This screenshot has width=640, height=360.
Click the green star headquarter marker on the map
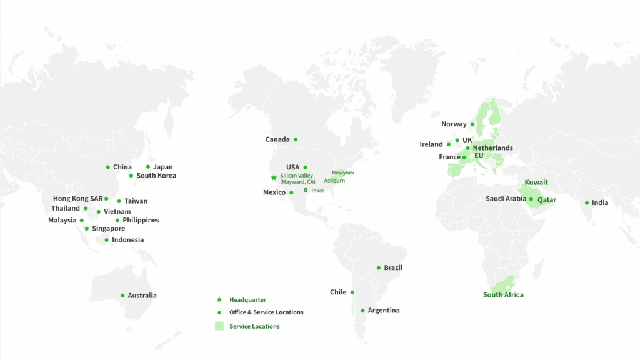click(x=274, y=177)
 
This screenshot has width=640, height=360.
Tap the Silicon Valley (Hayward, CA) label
click(x=297, y=179)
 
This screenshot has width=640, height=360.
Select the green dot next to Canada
click(x=296, y=139)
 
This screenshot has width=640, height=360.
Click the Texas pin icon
click(x=306, y=191)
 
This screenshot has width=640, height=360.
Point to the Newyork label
click(x=342, y=172)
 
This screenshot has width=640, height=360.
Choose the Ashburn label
click(x=334, y=181)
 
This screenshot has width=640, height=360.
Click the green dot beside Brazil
click(x=379, y=268)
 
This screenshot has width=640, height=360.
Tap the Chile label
click(x=338, y=292)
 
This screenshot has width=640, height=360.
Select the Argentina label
click(x=384, y=311)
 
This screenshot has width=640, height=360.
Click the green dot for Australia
click(x=122, y=296)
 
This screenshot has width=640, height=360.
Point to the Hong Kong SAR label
click(x=77, y=199)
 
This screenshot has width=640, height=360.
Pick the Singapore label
click(x=108, y=229)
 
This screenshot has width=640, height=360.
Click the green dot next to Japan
click(x=148, y=167)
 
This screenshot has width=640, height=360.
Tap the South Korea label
click(x=156, y=176)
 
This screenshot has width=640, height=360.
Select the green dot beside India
click(x=587, y=202)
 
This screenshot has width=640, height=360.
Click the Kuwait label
click(x=536, y=182)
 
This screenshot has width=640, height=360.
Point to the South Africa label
click(x=503, y=295)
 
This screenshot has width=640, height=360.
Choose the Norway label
click(x=454, y=124)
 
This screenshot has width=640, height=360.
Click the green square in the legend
click(x=219, y=326)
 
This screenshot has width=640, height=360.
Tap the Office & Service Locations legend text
click(x=266, y=312)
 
